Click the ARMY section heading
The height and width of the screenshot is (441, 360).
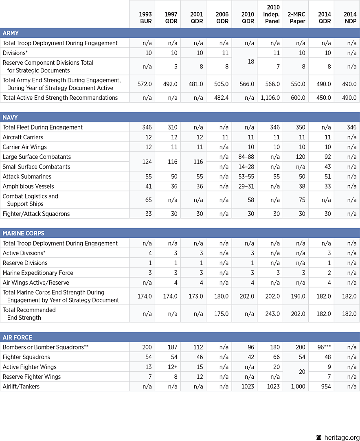pos(11,33)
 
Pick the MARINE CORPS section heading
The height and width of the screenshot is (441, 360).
pos(24,233)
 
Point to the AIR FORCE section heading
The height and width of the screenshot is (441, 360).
pos(18,337)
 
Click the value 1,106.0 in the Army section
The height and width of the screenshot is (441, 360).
pos(270,98)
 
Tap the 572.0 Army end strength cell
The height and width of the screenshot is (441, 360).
pos(145,84)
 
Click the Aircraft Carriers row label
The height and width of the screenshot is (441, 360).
pos(23,137)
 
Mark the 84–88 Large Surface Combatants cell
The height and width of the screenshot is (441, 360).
pos(246,157)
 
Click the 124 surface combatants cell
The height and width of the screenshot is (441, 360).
pos(147,162)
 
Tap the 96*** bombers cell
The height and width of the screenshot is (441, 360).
pos(323,347)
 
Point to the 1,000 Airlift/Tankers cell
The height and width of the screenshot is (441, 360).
pos(298,386)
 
